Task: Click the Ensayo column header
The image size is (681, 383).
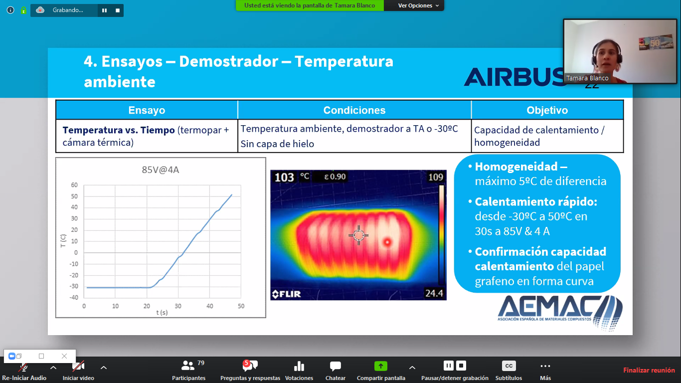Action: [147, 110]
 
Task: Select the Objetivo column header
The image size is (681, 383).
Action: [547, 110]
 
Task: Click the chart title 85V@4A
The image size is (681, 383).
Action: [161, 170]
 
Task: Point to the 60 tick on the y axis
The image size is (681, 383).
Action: [74, 185]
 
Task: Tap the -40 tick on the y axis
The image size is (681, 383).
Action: [74, 297]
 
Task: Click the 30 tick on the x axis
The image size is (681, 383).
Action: [178, 306]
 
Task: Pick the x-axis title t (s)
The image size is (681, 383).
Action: [162, 312]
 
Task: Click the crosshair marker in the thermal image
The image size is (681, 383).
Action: [359, 235]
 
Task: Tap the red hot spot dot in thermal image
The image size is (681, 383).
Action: [387, 242]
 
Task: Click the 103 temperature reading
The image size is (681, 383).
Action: [284, 177]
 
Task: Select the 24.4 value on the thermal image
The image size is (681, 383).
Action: [434, 293]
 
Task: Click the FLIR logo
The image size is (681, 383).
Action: [286, 294]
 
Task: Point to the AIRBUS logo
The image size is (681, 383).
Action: [514, 76]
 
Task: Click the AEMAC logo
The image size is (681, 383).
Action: [560, 312]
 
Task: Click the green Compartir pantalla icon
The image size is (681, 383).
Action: [380, 366]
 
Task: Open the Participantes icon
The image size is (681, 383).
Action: [187, 366]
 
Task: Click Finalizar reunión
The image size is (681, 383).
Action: [649, 370]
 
